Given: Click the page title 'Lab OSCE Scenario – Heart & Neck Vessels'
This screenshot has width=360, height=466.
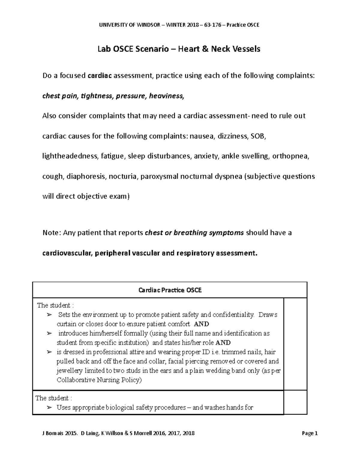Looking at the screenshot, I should pyautogui.click(x=179, y=49).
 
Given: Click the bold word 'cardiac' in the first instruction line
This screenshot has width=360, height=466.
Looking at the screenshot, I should pyautogui.click(x=100, y=76).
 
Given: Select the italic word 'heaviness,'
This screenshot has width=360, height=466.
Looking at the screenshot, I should pyautogui.click(x=167, y=96).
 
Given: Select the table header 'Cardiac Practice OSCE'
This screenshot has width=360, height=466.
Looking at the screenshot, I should pyautogui.click(x=170, y=290).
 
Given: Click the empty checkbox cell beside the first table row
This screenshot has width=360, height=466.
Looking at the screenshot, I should pyautogui.click(x=295, y=344).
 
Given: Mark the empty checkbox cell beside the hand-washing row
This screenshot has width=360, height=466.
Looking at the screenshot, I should pyautogui.click(x=295, y=402).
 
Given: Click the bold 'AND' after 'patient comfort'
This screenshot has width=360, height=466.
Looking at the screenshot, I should pyautogui.click(x=201, y=324).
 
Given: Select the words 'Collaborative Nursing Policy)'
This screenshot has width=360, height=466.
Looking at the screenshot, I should pyautogui.click(x=99, y=380).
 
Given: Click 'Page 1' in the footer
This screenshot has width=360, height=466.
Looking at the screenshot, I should pyautogui.click(x=310, y=433).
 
